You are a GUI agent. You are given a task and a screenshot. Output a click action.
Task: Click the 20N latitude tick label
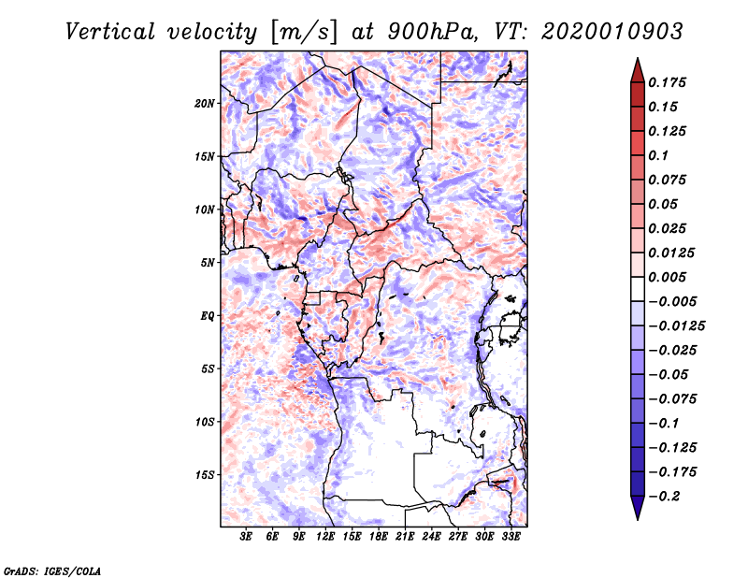pyautogui.click(x=205, y=103)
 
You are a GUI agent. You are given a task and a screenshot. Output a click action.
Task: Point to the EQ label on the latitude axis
pyautogui.click(x=208, y=316)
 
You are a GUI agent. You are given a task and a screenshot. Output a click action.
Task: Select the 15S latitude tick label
pyautogui.click(x=205, y=475)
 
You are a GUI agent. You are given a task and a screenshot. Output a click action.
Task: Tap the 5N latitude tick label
pyautogui.click(x=208, y=263)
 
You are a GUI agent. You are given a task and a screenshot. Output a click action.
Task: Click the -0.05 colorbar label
pyautogui.click(x=669, y=375)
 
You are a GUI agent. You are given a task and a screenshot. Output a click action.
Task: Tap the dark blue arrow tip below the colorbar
pyautogui.click(x=637, y=513)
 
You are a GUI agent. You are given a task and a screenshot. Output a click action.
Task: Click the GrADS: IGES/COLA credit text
pyautogui.click(x=51, y=570)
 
